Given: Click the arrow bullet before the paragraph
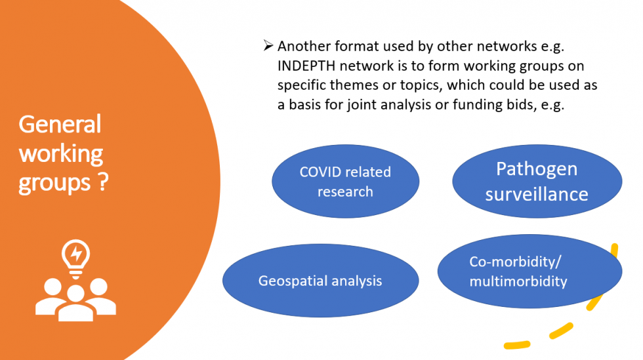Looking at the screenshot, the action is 268,45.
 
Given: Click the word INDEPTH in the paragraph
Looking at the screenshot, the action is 306,66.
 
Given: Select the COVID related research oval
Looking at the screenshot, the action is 345,181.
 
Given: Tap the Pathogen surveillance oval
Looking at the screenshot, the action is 537,181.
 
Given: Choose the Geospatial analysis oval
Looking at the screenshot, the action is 320,281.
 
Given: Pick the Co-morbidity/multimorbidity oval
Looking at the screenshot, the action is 529,271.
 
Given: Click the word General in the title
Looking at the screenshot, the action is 60,124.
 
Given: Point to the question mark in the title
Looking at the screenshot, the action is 104,182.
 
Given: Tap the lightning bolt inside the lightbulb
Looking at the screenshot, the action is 76,253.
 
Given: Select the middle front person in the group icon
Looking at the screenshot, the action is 75,304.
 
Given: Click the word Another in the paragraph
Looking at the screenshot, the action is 304,46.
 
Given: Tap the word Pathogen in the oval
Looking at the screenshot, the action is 537,169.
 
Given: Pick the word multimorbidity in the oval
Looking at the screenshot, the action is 518,282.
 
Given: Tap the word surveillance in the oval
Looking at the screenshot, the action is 537,194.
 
